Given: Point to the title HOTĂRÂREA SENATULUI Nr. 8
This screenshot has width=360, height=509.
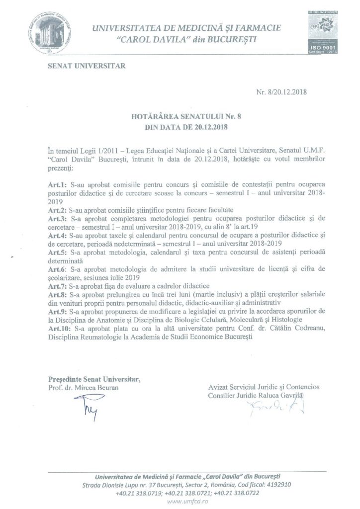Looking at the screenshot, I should (180, 117).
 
